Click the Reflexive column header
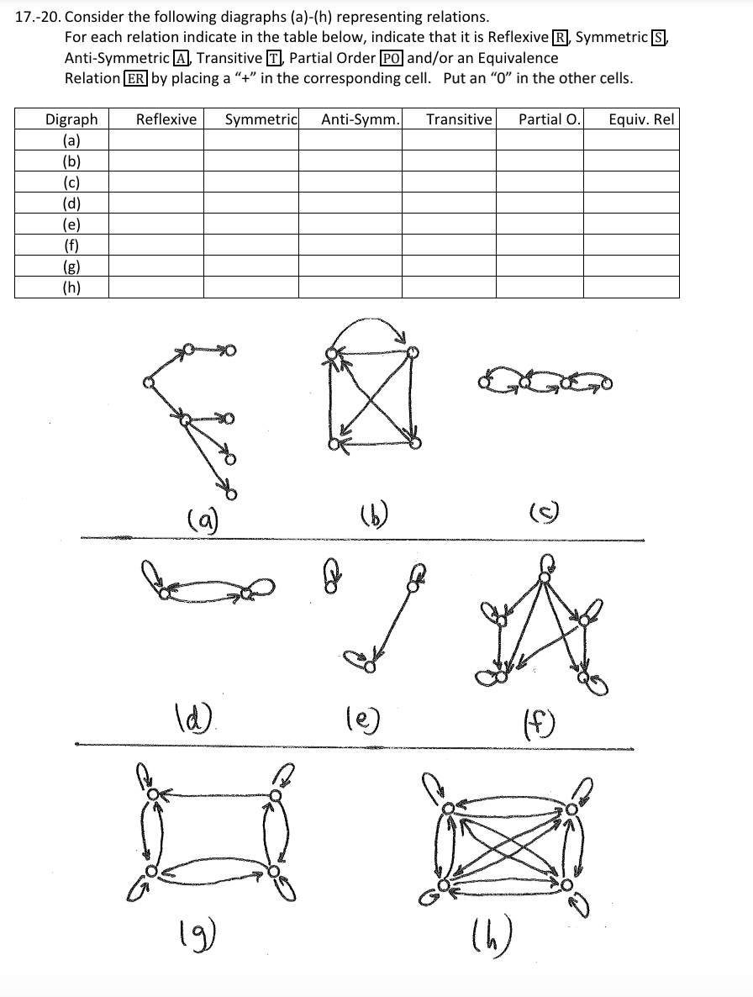[x=166, y=119]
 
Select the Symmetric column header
[x=261, y=119]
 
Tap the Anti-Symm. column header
[x=360, y=119]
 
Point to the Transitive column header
[x=458, y=119]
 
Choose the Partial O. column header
[x=549, y=119]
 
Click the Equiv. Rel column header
[x=641, y=119]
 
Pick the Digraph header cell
[x=71, y=119]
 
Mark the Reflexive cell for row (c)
[x=155, y=182]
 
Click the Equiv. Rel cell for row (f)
[x=631, y=245]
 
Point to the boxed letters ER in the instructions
[x=135, y=78]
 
